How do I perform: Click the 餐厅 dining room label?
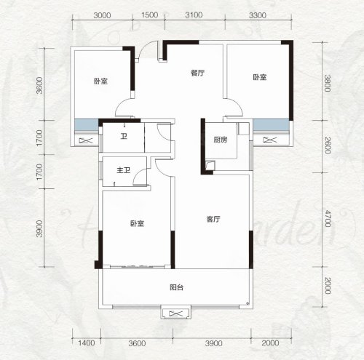click(x=198, y=73)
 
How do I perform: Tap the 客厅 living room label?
click(x=213, y=219)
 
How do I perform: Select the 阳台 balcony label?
click(x=176, y=287)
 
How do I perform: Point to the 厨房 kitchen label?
click(x=221, y=140)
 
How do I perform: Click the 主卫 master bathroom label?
click(x=124, y=170)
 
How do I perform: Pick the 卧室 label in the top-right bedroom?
click(x=260, y=77)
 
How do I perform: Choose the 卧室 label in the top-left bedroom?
click(x=100, y=81)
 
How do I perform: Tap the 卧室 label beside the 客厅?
click(x=138, y=223)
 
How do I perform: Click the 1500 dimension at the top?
click(x=149, y=15)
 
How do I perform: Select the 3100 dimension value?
click(x=194, y=15)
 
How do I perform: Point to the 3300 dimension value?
click(x=258, y=15)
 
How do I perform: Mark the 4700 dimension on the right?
click(x=328, y=218)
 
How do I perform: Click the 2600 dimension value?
click(x=328, y=145)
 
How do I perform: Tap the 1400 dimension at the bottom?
click(x=87, y=343)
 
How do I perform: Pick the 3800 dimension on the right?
click(x=328, y=84)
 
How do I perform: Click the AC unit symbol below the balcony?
click(x=175, y=313)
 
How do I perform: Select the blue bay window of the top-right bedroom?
click(x=271, y=124)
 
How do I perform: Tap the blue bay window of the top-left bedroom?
click(x=87, y=124)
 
